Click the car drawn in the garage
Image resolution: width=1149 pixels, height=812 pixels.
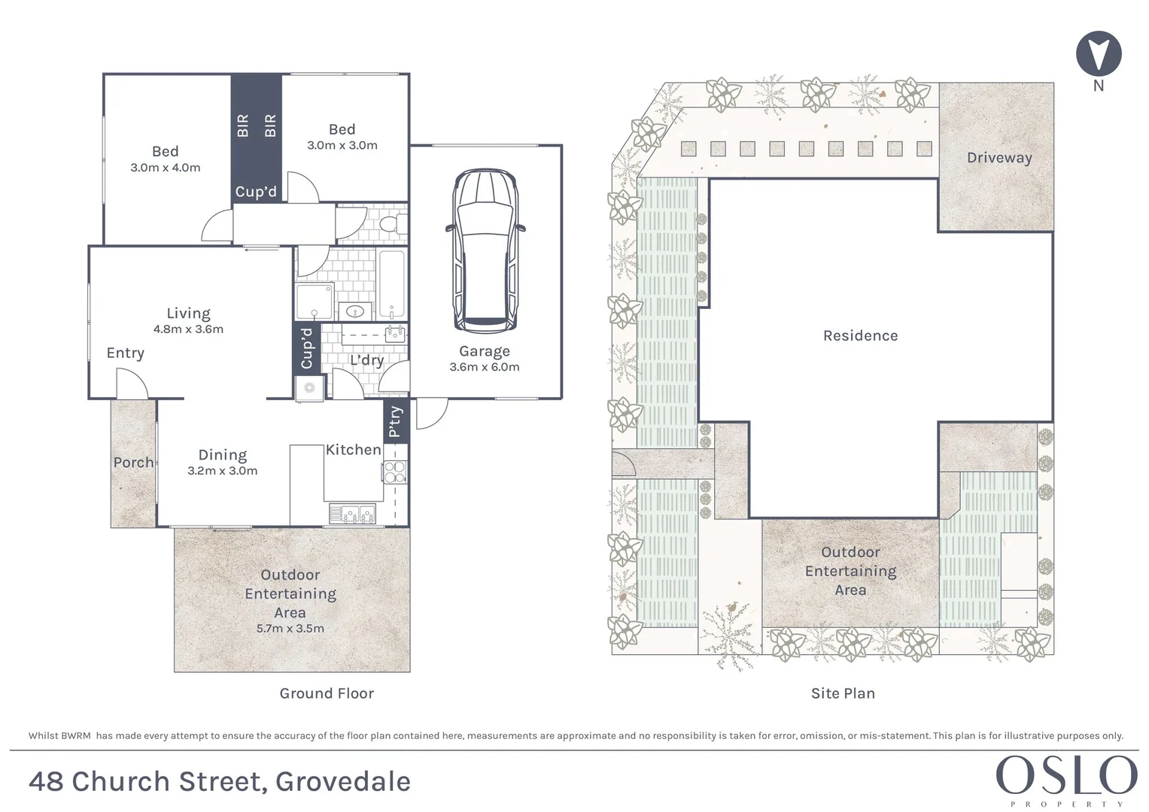click(x=485, y=251)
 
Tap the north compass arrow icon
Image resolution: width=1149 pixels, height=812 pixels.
click(x=1099, y=54)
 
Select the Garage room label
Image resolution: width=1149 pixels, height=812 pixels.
click(x=485, y=351)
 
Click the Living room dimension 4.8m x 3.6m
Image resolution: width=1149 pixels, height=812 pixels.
click(x=188, y=329)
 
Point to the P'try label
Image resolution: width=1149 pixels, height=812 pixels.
click(x=395, y=422)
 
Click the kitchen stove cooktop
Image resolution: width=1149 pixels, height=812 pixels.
click(x=395, y=471)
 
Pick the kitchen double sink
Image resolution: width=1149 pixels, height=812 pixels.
click(x=352, y=514)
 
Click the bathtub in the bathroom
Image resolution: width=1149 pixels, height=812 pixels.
click(x=391, y=285)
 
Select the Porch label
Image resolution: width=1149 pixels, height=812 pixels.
click(x=133, y=462)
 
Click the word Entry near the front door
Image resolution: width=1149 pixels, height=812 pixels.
click(x=125, y=353)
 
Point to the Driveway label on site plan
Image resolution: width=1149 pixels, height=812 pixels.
click(x=999, y=158)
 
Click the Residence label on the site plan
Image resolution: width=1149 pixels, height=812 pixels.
click(x=860, y=336)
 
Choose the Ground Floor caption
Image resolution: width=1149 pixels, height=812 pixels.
click(x=327, y=693)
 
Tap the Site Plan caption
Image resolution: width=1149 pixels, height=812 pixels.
click(x=843, y=693)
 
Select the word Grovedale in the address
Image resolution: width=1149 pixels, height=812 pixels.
click(x=343, y=782)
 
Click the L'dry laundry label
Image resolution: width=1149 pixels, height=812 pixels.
click(x=366, y=360)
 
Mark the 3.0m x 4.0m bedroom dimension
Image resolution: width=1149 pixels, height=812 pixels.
click(x=166, y=168)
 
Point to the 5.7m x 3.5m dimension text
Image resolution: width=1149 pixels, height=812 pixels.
click(x=290, y=629)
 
